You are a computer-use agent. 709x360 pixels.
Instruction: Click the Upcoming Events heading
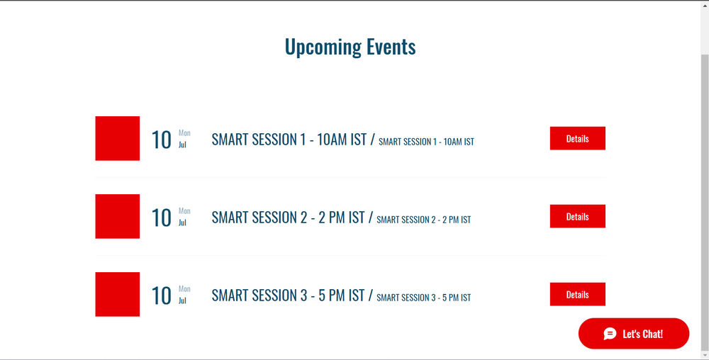[350, 47]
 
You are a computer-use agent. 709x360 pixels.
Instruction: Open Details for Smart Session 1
[577, 139]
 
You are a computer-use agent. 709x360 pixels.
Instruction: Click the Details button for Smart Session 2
[577, 217]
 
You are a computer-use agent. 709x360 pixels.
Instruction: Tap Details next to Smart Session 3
[577, 295]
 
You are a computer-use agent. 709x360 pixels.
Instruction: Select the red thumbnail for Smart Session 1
[118, 138]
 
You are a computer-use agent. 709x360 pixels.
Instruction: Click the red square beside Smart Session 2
[118, 216]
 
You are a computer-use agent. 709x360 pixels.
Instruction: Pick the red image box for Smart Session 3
[118, 294]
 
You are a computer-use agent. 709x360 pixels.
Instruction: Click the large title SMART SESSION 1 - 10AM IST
[289, 140]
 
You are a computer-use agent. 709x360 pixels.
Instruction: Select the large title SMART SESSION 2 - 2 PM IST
[288, 218]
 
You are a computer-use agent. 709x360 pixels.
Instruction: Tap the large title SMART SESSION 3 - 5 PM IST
[288, 296]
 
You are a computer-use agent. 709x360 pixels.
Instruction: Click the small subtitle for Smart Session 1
[426, 142]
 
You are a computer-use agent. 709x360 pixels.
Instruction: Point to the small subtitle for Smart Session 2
[423, 220]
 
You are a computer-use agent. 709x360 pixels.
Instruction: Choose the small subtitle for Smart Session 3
[423, 298]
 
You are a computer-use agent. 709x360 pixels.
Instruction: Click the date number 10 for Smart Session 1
[162, 140]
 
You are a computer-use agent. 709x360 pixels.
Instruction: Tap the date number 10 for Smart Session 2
[162, 218]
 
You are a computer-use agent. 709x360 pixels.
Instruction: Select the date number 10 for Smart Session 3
[162, 296]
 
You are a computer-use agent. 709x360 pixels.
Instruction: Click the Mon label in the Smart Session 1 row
[184, 133]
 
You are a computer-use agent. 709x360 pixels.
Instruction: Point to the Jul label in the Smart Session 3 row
[182, 300]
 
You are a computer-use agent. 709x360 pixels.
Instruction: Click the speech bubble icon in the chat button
[610, 334]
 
